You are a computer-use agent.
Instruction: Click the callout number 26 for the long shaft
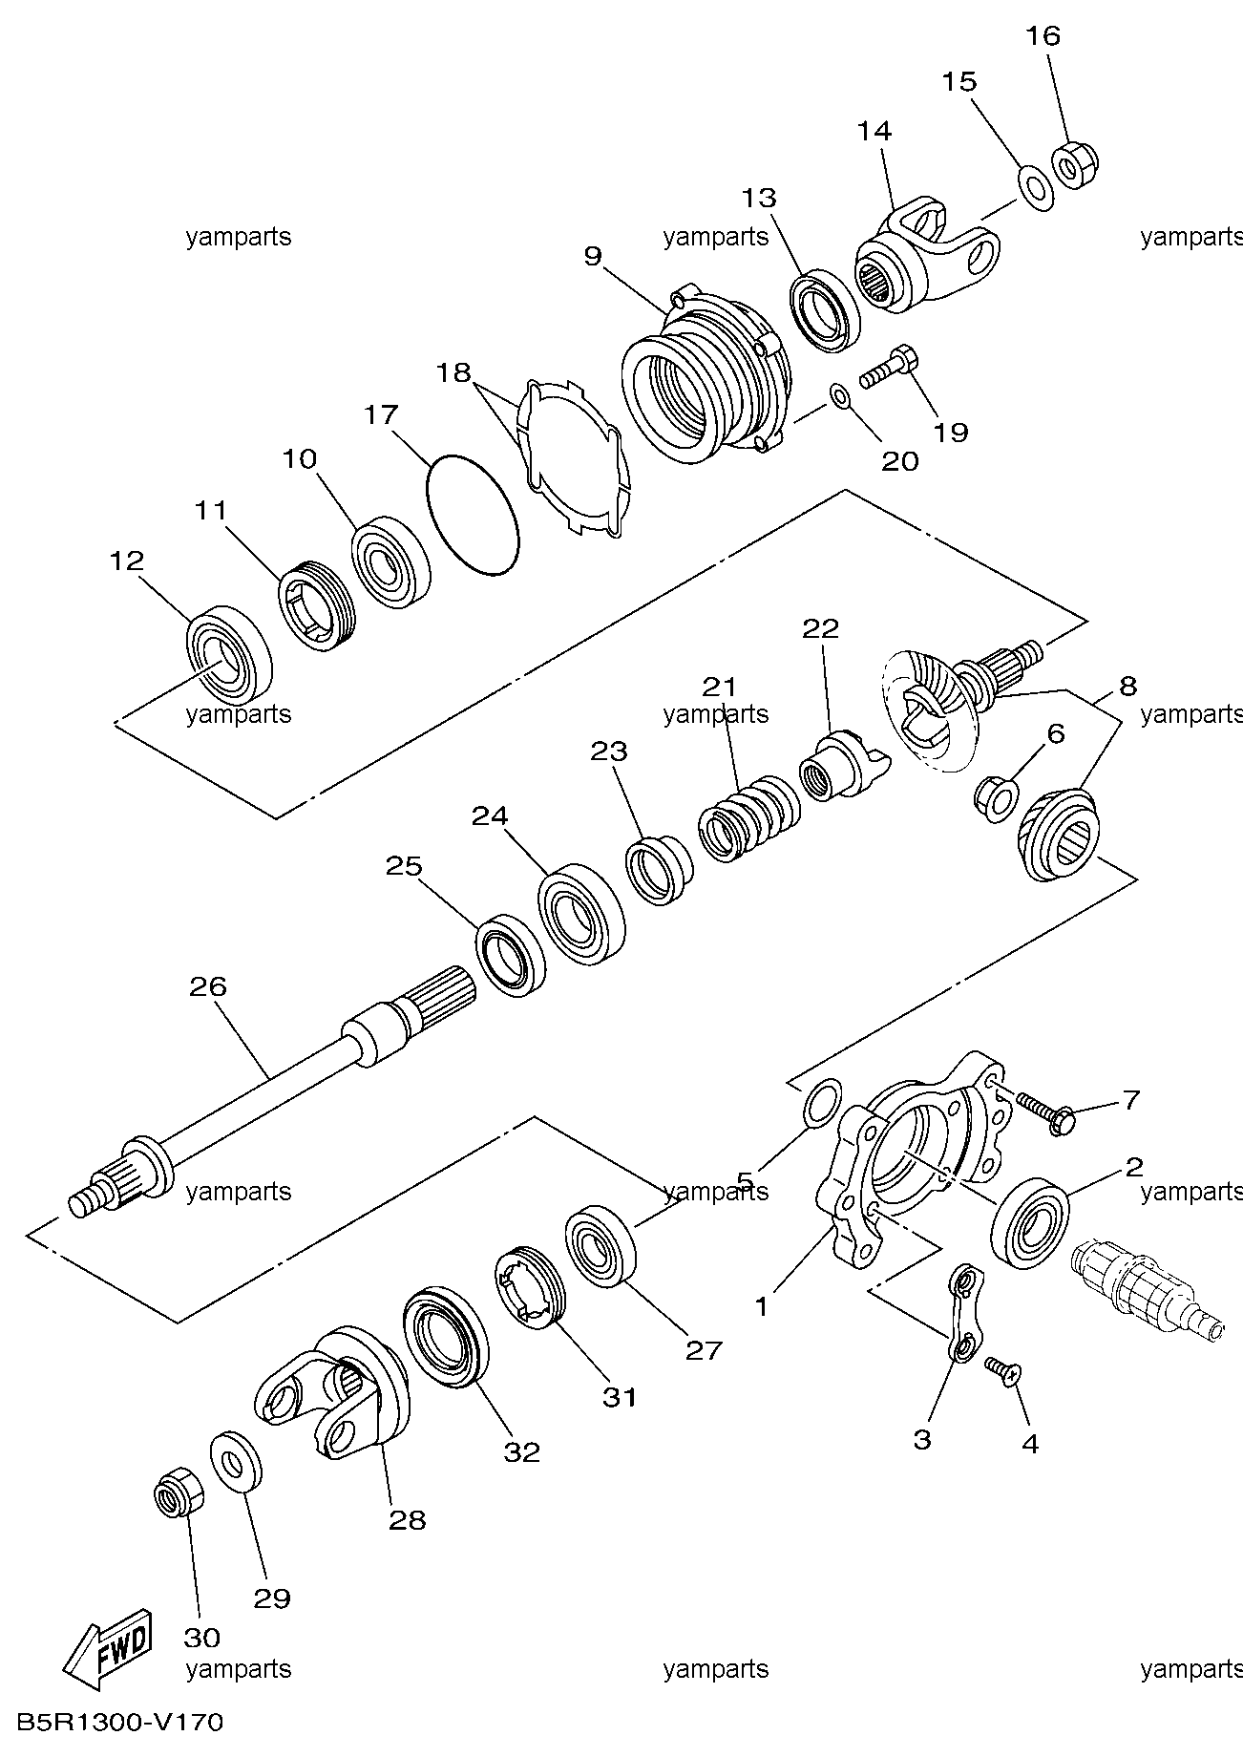coord(208,985)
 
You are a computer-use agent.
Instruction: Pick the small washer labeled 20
coord(839,395)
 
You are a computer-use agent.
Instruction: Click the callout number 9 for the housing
coord(593,256)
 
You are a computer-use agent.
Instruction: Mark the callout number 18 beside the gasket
coord(454,372)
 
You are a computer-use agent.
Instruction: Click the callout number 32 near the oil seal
coord(522,1452)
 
